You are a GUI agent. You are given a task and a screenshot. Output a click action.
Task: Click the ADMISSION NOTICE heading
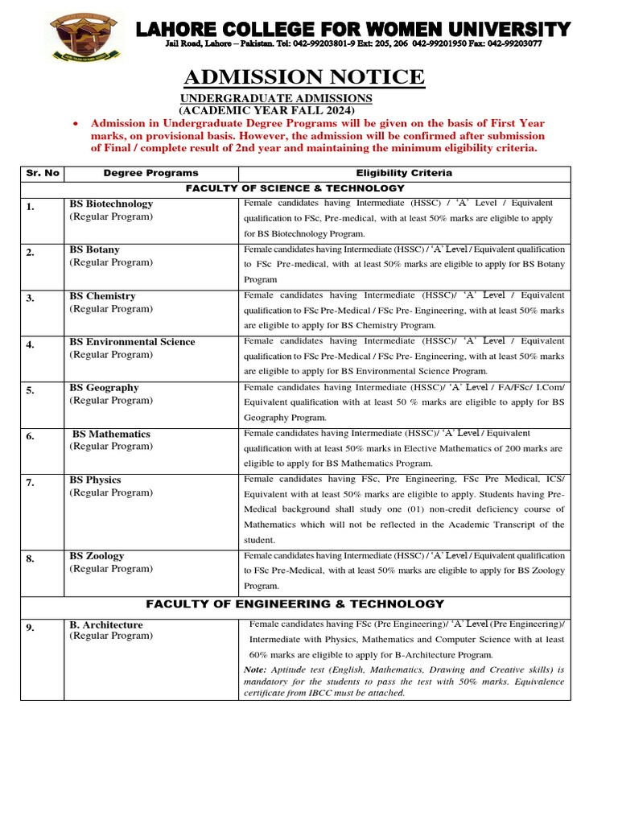coord(304,77)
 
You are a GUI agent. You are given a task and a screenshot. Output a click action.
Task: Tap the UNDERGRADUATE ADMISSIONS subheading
coord(275,98)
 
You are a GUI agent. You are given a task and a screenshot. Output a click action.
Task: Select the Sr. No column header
coord(43,173)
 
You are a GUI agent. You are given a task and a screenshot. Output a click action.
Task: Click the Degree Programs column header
coord(150,173)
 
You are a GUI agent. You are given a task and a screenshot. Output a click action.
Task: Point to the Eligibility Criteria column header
coord(404,173)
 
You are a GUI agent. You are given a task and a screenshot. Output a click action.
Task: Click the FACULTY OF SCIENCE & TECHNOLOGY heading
coord(295,187)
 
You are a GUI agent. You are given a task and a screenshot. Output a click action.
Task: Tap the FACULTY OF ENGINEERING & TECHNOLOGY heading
coord(295,604)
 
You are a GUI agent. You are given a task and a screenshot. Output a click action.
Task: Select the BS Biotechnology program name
coord(111,204)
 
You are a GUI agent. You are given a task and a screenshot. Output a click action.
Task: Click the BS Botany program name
coord(94,250)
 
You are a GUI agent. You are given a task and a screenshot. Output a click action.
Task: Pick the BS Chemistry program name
coord(102,296)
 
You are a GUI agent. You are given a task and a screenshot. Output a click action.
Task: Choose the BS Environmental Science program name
coord(132,342)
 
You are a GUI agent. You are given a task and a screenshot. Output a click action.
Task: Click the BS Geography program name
coord(104,388)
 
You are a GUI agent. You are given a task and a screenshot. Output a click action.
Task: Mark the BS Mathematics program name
coord(111,435)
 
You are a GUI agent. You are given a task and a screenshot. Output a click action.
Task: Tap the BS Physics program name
coord(95,480)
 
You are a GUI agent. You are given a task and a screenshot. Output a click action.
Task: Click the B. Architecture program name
coord(106,625)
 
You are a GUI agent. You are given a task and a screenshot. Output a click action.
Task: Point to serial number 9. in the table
coord(30,628)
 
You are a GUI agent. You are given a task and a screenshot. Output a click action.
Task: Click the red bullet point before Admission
coord(74,125)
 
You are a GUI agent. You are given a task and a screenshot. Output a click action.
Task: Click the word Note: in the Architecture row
coord(255,670)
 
